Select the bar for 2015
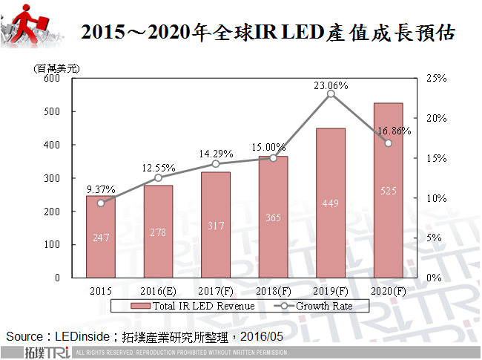pos(101,236)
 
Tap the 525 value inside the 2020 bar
pos(389,191)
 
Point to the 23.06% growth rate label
pos(331,85)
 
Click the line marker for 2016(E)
pos(158,177)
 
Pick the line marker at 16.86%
pos(389,143)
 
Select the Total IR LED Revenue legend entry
pos(194,305)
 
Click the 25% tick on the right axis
pos(437,79)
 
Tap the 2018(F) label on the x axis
pos(273,291)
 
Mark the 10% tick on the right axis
pos(437,198)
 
